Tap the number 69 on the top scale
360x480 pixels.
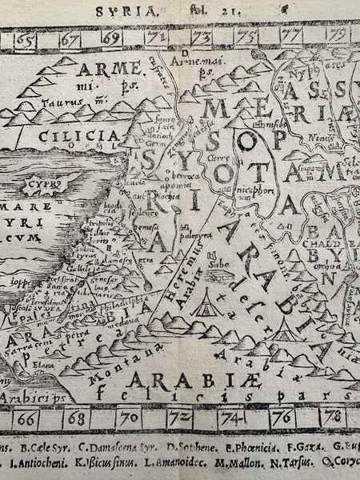point(111,38)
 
